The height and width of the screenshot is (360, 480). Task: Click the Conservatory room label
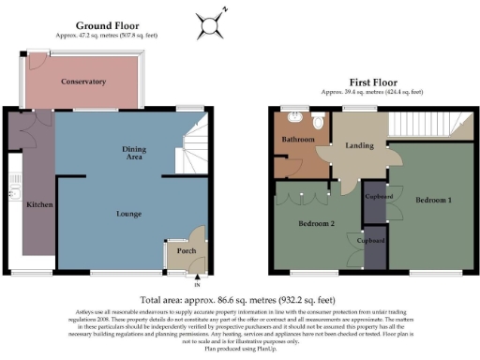click(83, 82)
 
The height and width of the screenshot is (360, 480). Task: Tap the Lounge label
click(129, 214)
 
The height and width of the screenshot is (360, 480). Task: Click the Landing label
click(355, 144)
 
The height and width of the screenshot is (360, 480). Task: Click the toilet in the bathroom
click(318, 122)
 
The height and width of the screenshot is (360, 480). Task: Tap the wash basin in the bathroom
click(295, 119)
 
